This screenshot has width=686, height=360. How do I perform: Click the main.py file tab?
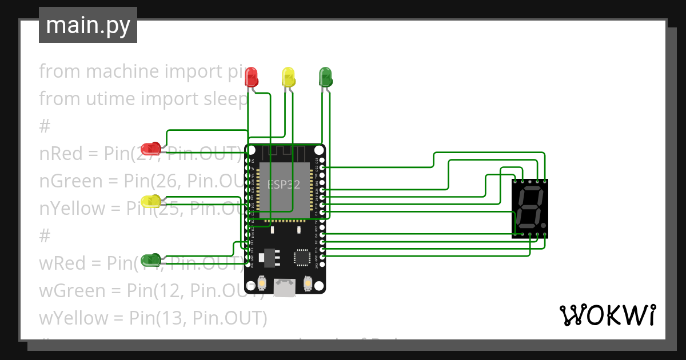(87, 25)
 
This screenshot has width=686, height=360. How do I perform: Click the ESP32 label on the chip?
(285, 184)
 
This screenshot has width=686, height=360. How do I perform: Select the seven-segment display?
(530, 208)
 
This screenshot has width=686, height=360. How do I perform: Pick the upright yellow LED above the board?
(288, 77)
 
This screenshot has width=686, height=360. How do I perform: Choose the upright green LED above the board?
(325, 77)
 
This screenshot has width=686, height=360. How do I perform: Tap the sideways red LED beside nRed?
(151, 149)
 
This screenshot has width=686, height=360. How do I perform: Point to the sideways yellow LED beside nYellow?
(151, 201)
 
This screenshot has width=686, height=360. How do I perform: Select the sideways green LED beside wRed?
(151, 260)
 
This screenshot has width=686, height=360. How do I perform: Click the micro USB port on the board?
(285, 286)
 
